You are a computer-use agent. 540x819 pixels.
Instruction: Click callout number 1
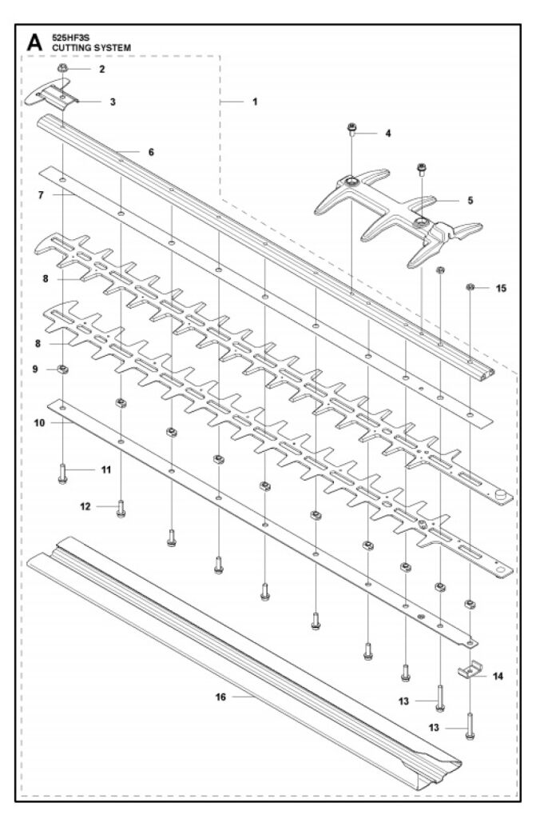[x=255, y=102]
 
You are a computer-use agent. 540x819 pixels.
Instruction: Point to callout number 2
[x=101, y=70]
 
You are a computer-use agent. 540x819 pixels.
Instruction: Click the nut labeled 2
[x=62, y=70]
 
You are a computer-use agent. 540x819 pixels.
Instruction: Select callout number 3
[x=113, y=102]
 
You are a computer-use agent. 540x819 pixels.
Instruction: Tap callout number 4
[x=387, y=134]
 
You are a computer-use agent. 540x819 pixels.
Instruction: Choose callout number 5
[x=471, y=201]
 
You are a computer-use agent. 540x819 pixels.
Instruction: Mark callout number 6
[x=150, y=150]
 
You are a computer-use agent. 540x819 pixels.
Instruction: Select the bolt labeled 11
[x=62, y=473]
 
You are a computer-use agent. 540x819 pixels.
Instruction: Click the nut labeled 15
[x=471, y=287]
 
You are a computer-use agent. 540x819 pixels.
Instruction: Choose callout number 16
[x=220, y=697]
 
